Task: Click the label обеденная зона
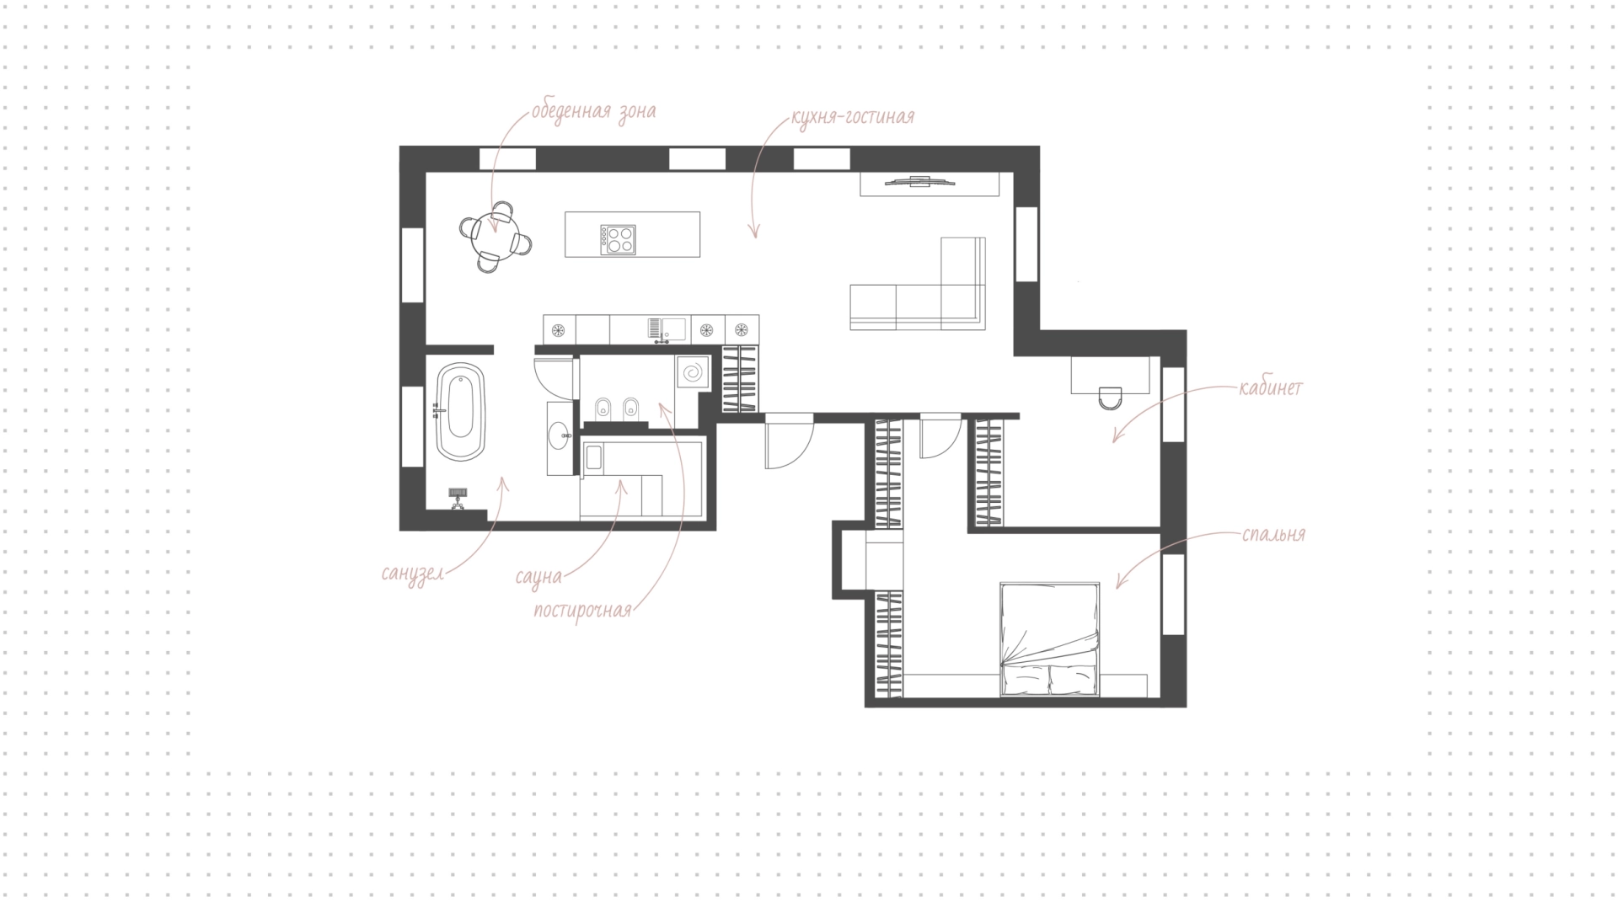[x=593, y=111]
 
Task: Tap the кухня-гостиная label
[x=852, y=116]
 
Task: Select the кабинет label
[x=1270, y=388]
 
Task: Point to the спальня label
[x=1273, y=535]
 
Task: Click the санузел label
[x=413, y=574]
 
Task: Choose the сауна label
[x=538, y=577]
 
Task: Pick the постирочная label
[x=582, y=611]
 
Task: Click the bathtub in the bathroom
[x=460, y=411]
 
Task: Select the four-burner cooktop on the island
[x=618, y=239]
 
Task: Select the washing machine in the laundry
[x=693, y=372]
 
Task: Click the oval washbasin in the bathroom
[x=558, y=436]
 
